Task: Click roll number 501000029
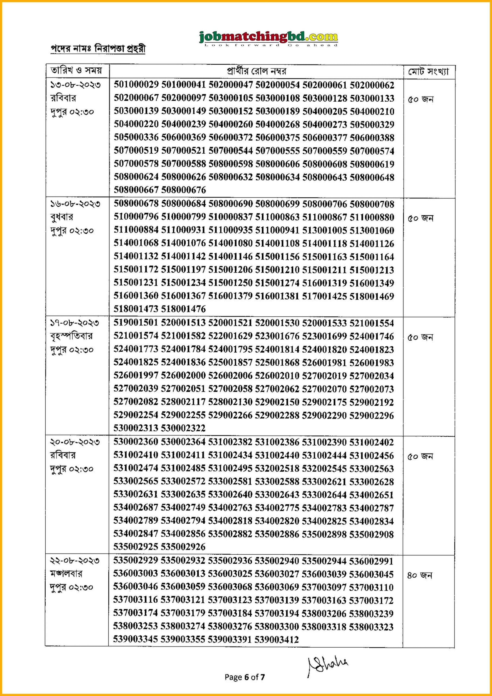coord(136,85)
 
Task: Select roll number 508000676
coord(183,190)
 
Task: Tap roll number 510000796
coord(136,217)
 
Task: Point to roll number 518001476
coord(183,309)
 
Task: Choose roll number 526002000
coord(183,375)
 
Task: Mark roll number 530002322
coord(183,428)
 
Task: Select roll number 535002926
coord(183,547)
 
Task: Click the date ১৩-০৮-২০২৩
coord(75,85)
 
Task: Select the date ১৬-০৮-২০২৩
coord(75,204)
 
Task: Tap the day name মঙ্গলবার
coord(66,574)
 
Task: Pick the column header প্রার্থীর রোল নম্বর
coord(256,72)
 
